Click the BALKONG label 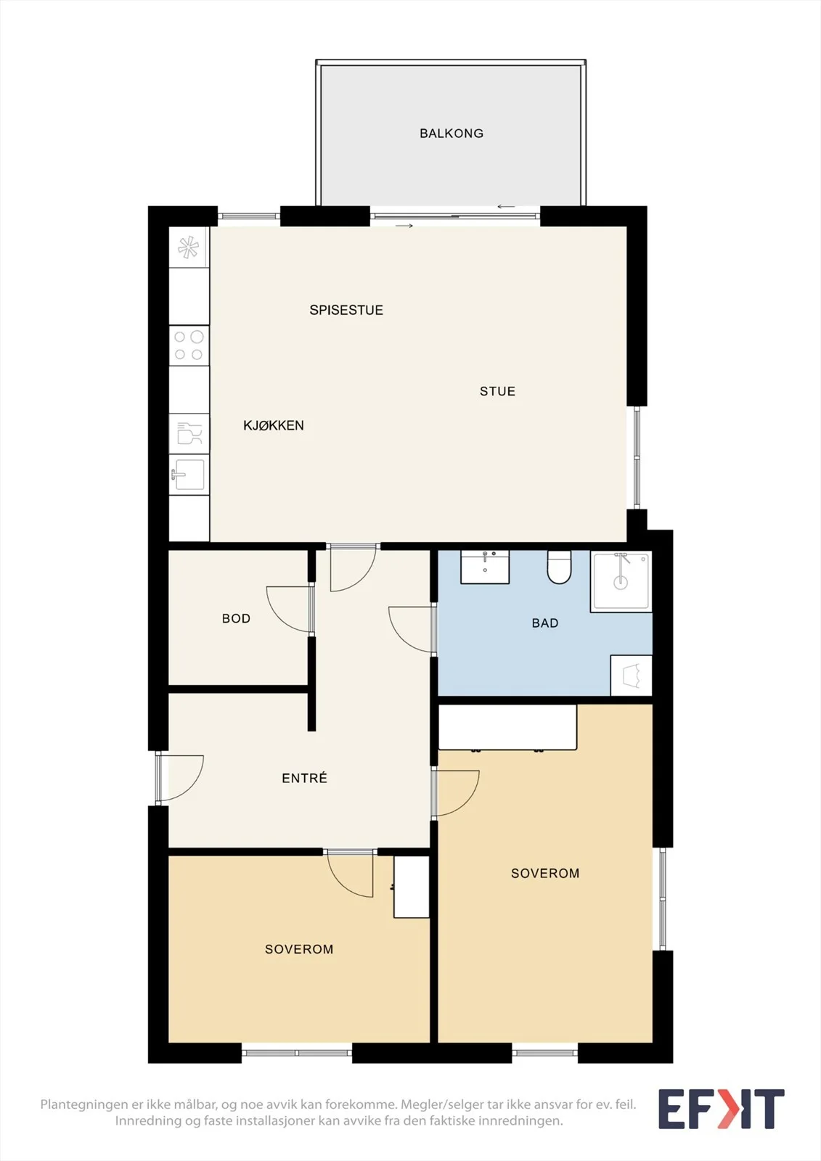(452, 134)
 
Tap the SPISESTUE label (346, 310)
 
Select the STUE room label (497, 391)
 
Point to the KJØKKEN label (274, 425)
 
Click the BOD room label (236, 618)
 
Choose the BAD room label (545, 623)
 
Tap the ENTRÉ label (304, 778)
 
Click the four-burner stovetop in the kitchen (189, 345)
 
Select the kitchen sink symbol (189, 475)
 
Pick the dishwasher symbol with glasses (189, 433)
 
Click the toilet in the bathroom (559, 567)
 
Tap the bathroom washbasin (485, 567)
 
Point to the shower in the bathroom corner (621, 582)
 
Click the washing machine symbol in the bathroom (632, 676)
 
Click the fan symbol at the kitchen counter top (189, 247)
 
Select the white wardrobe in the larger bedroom (507, 727)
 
